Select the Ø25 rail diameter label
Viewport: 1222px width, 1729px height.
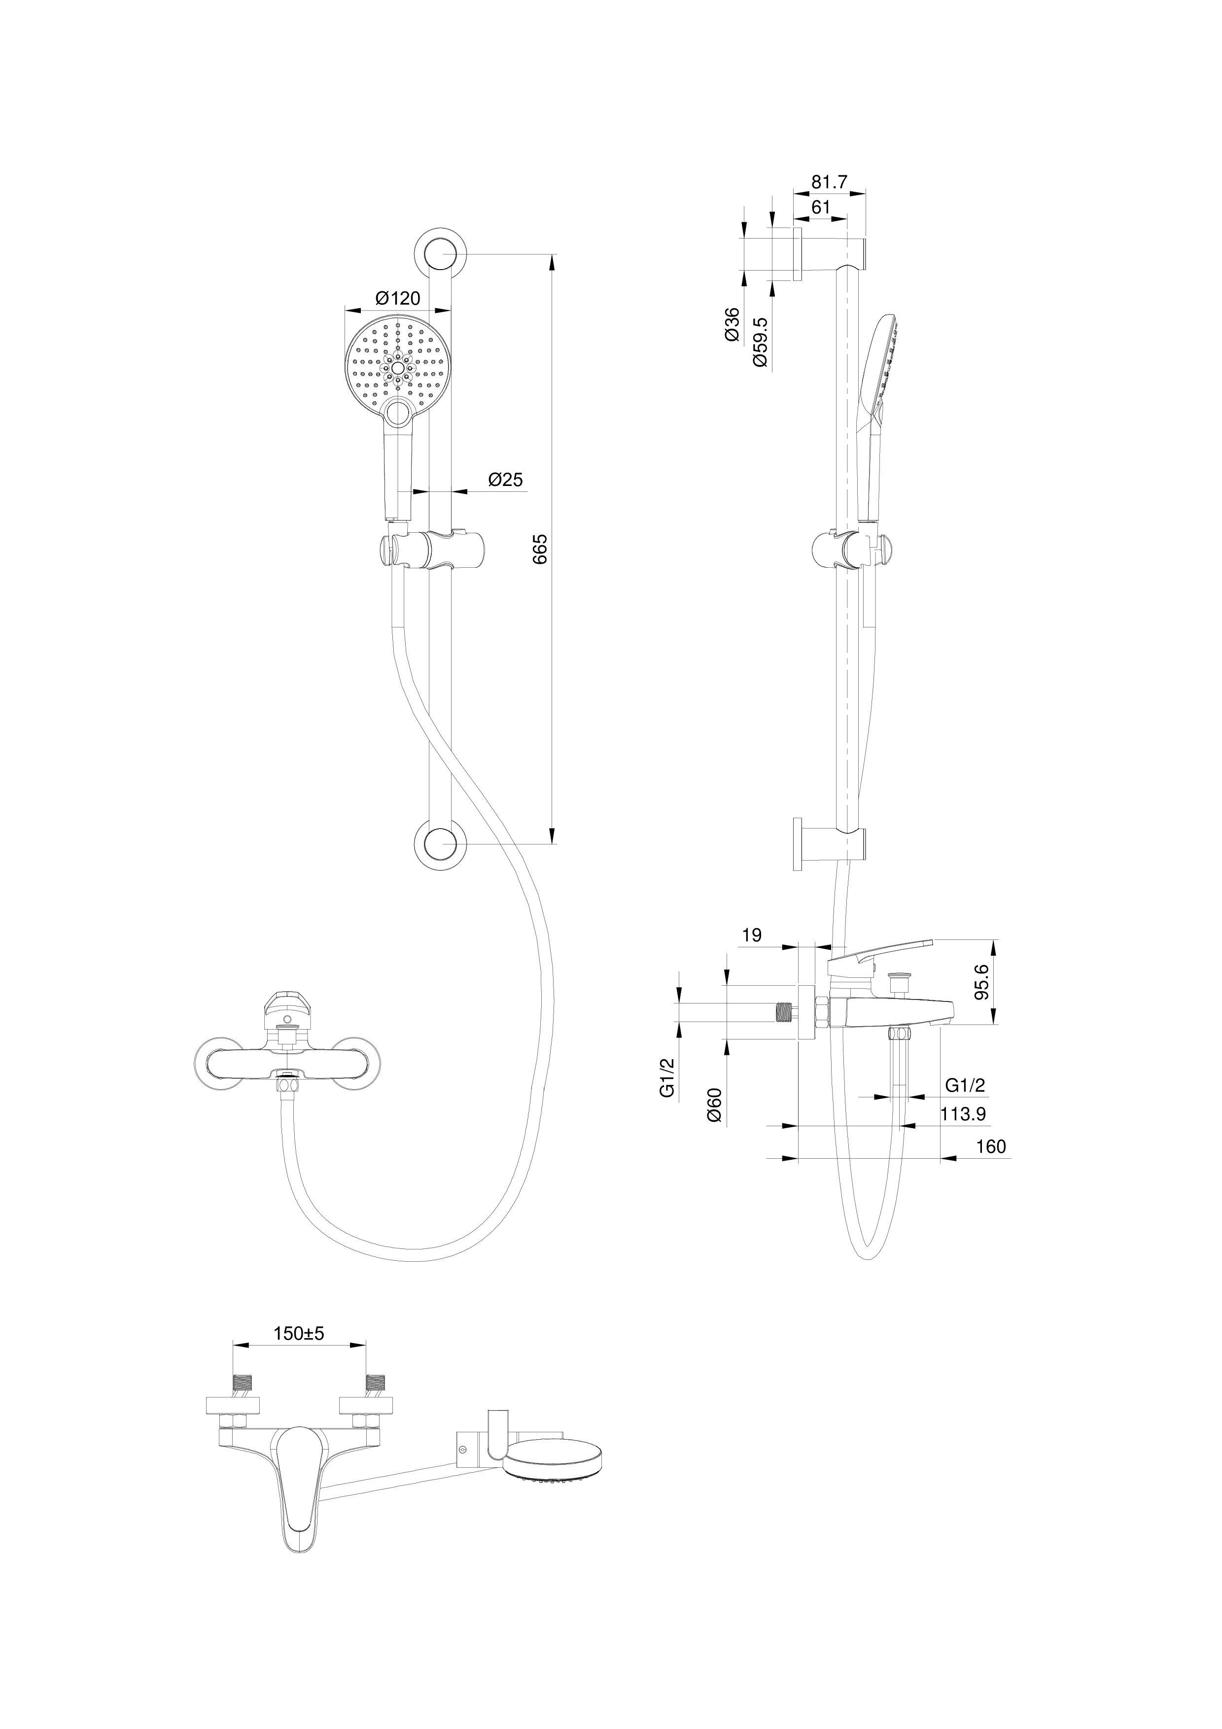[x=505, y=480]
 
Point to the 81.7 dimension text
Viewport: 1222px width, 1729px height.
[x=829, y=182]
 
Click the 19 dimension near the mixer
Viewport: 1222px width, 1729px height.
[x=751, y=935]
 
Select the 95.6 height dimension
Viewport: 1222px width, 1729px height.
[x=982, y=983]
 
